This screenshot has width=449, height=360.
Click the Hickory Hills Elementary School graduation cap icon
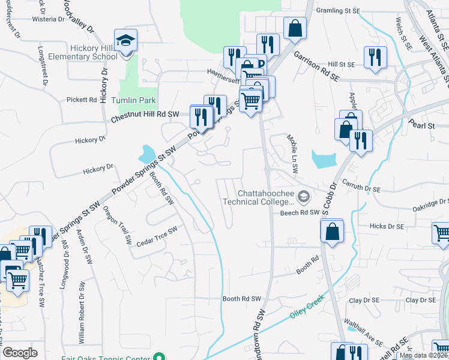pos(125,41)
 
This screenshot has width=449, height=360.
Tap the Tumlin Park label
pos(133,100)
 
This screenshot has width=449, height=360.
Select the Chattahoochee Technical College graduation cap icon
pos(304,196)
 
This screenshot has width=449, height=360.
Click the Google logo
pos(20,353)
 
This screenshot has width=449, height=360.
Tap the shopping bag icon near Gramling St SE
pos(295,28)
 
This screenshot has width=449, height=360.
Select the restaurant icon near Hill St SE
pos(375,58)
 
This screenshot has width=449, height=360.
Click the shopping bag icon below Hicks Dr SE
pos(331,230)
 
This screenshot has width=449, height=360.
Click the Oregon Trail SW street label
pos(117,226)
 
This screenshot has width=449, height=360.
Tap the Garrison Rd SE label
pos(316,66)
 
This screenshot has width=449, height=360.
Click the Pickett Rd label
pos(82,100)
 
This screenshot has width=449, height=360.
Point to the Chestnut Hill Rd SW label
pos(145,116)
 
